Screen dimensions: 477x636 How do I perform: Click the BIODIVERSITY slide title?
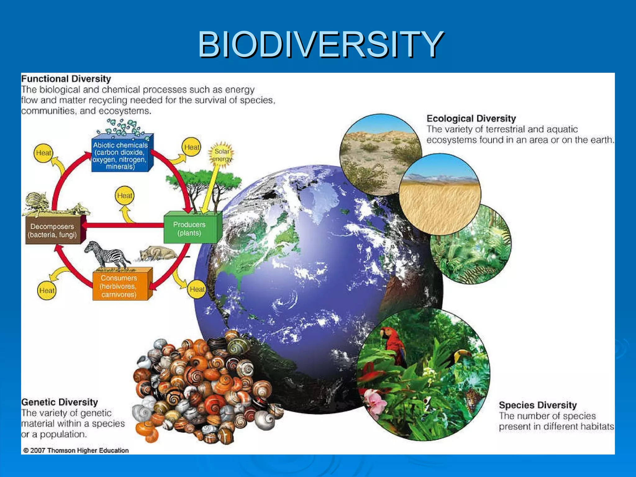point(320,45)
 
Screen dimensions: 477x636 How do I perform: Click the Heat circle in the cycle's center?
point(125,196)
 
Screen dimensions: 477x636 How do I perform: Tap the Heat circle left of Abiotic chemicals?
point(43,153)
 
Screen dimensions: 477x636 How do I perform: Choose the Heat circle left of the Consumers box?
point(47,290)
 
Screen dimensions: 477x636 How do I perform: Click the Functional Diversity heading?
point(66,79)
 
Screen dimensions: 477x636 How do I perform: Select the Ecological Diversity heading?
point(471,119)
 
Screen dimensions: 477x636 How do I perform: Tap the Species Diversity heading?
point(538,405)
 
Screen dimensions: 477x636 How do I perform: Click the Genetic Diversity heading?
point(60,402)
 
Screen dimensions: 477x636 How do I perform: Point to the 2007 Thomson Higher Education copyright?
point(76,450)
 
